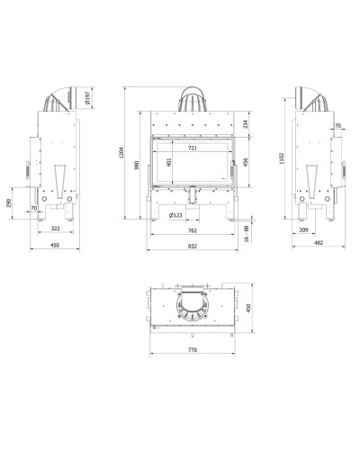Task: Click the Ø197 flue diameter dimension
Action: click(87, 98)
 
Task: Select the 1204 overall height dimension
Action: click(121, 153)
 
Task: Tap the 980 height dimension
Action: click(137, 165)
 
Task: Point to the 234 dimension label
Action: click(246, 124)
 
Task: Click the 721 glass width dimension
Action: click(193, 148)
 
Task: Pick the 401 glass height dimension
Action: click(168, 162)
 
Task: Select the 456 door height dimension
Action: click(246, 162)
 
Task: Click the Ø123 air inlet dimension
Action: click(175, 215)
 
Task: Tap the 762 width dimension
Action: click(193, 230)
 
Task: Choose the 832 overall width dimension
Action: click(193, 246)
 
